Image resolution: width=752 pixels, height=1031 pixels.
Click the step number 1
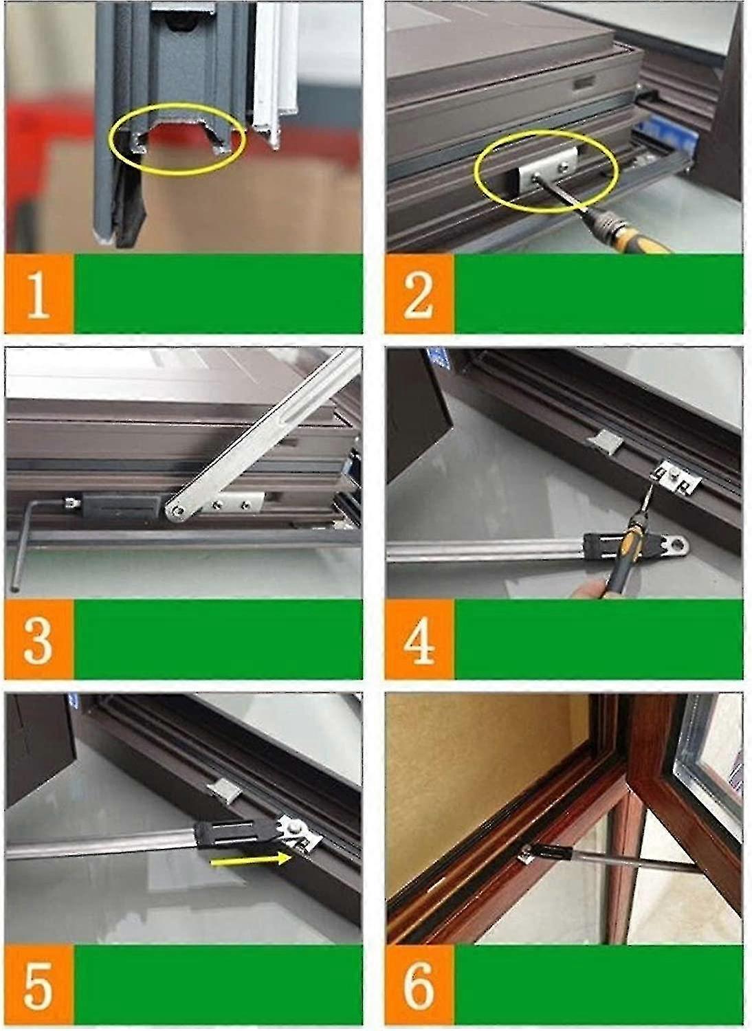pos(38,294)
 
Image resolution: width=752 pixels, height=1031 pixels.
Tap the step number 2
pos(418,294)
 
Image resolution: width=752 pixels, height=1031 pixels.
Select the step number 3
pos(38,639)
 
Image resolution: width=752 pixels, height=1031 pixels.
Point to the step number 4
pos(418,639)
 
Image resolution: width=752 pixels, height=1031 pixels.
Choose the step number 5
pos(38,985)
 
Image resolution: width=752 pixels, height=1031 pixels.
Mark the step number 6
pos(418,985)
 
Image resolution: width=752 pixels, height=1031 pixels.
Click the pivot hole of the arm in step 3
pos(178,509)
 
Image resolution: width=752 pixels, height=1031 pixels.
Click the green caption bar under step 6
pos(598,985)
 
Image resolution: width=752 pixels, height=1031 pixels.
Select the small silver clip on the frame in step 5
pos(224,790)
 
